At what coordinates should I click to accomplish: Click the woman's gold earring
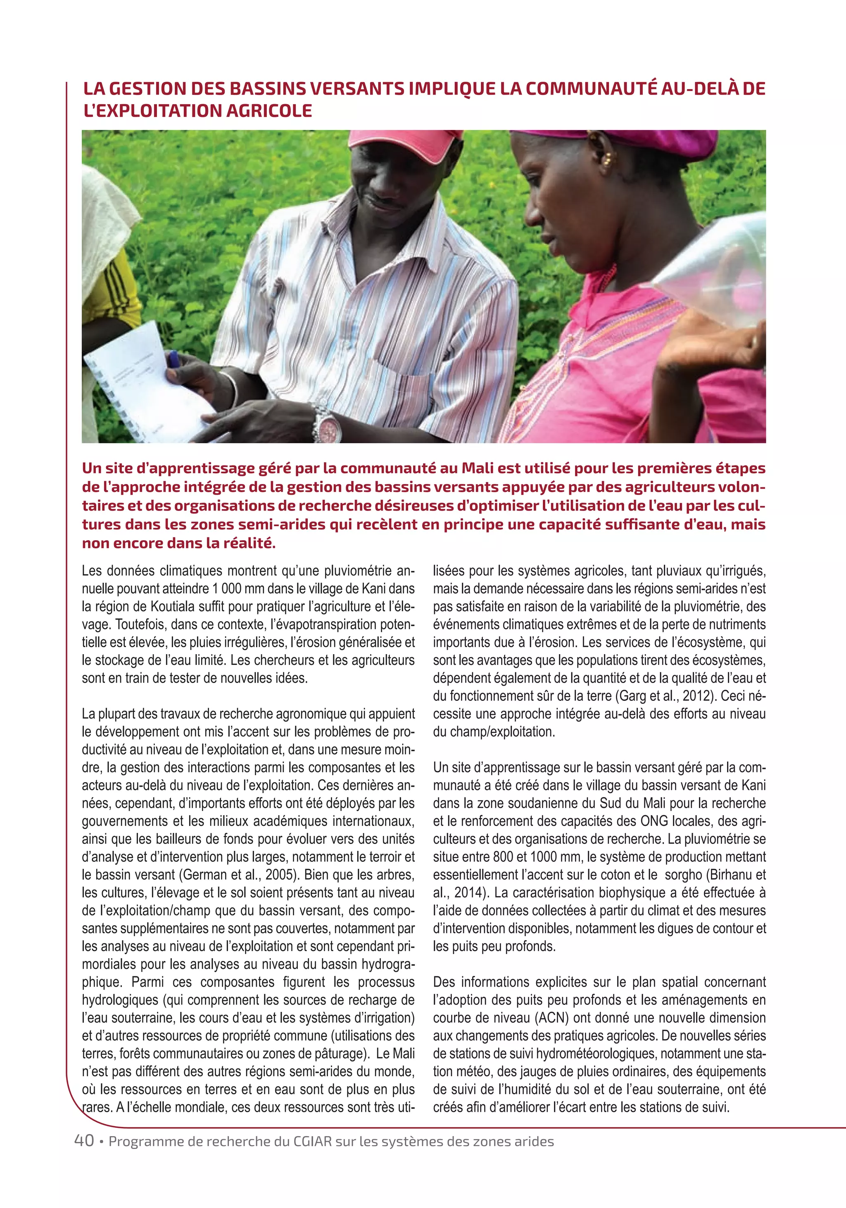(x=608, y=158)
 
